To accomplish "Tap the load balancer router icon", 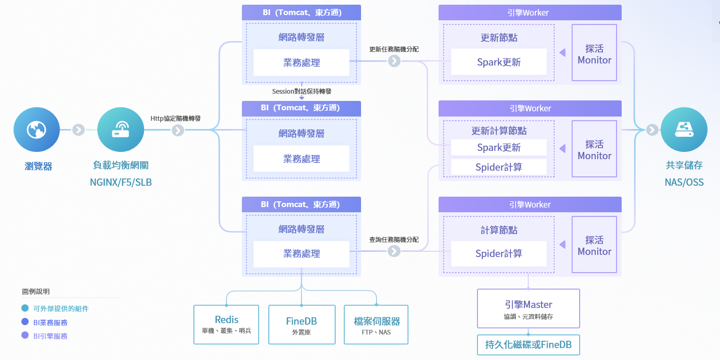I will pyautogui.click(x=121, y=130).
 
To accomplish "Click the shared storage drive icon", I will pyautogui.click(x=684, y=130).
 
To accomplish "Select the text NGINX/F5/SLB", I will pyautogui.click(x=121, y=183).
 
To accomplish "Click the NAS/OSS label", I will pyautogui.click(x=684, y=183).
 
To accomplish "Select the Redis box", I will pyautogui.click(x=226, y=324).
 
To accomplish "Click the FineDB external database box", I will pyautogui.click(x=302, y=324).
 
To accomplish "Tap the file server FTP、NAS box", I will pyautogui.click(x=376, y=324).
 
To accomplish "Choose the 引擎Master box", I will pyautogui.click(x=528, y=308).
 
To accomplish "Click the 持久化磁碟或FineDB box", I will pyautogui.click(x=528, y=344).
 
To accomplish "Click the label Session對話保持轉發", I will pyautogui.click(x=302, y=91).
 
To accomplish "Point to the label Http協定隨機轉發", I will pyautogui.click(x=175, y=118).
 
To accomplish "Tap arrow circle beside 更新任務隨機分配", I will pyautogui.click(x=394, y=61).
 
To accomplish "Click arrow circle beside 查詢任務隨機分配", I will pyautogui.click(x=394, y=251).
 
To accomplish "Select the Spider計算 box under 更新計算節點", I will pyautogui.click(x=498, y=167).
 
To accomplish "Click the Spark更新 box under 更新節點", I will pyautogui.click(x=498, y=62).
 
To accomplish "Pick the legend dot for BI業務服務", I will pyautogui.click(x=25, y=322).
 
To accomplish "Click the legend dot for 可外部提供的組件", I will pyautogui.click(x=25, y=308).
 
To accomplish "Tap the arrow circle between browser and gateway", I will pyautogui.click(x=79, y=130).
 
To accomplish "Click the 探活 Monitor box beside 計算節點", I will pyautogui.click(x=594, y=245).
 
